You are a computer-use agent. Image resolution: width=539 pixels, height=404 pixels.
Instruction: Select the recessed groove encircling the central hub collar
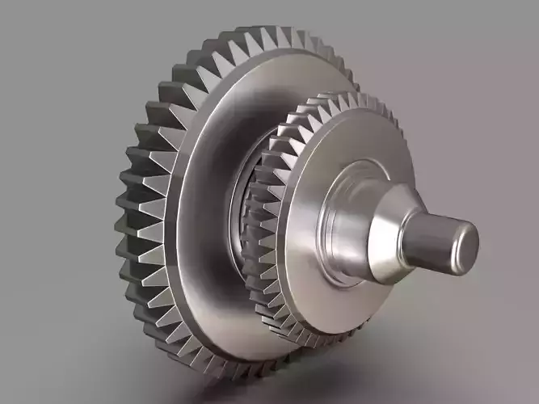click(x=323, y=234)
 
